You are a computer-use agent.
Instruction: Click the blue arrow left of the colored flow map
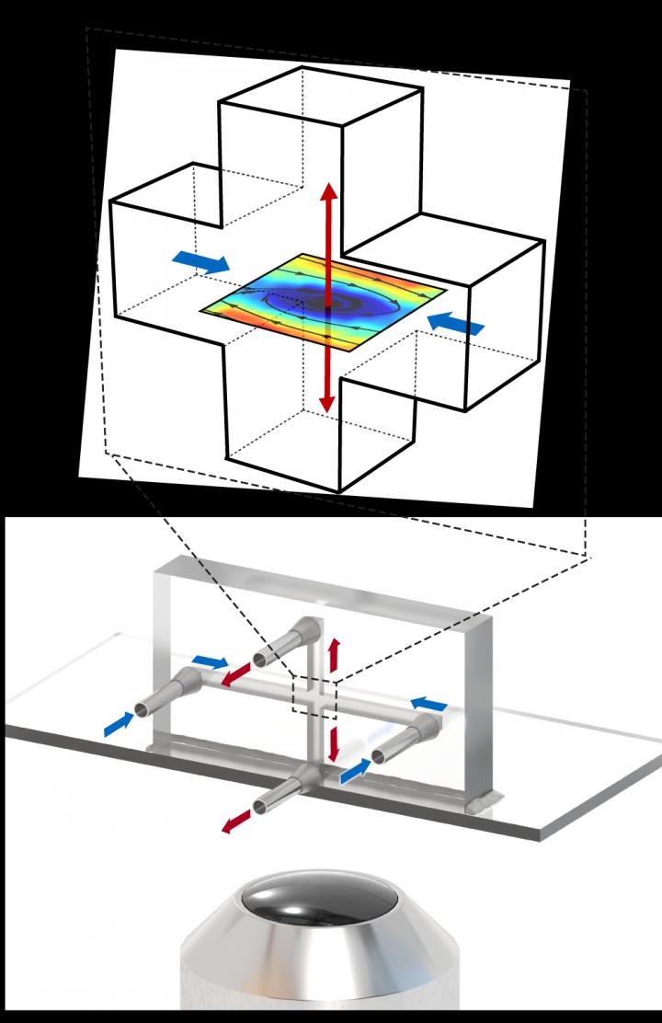(x=200, y=263)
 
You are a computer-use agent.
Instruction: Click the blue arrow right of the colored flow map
(x=456, y=323)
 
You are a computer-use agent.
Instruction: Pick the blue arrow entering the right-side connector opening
(x=356, y=774)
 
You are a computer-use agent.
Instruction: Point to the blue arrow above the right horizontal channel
(x=428, y=704)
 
